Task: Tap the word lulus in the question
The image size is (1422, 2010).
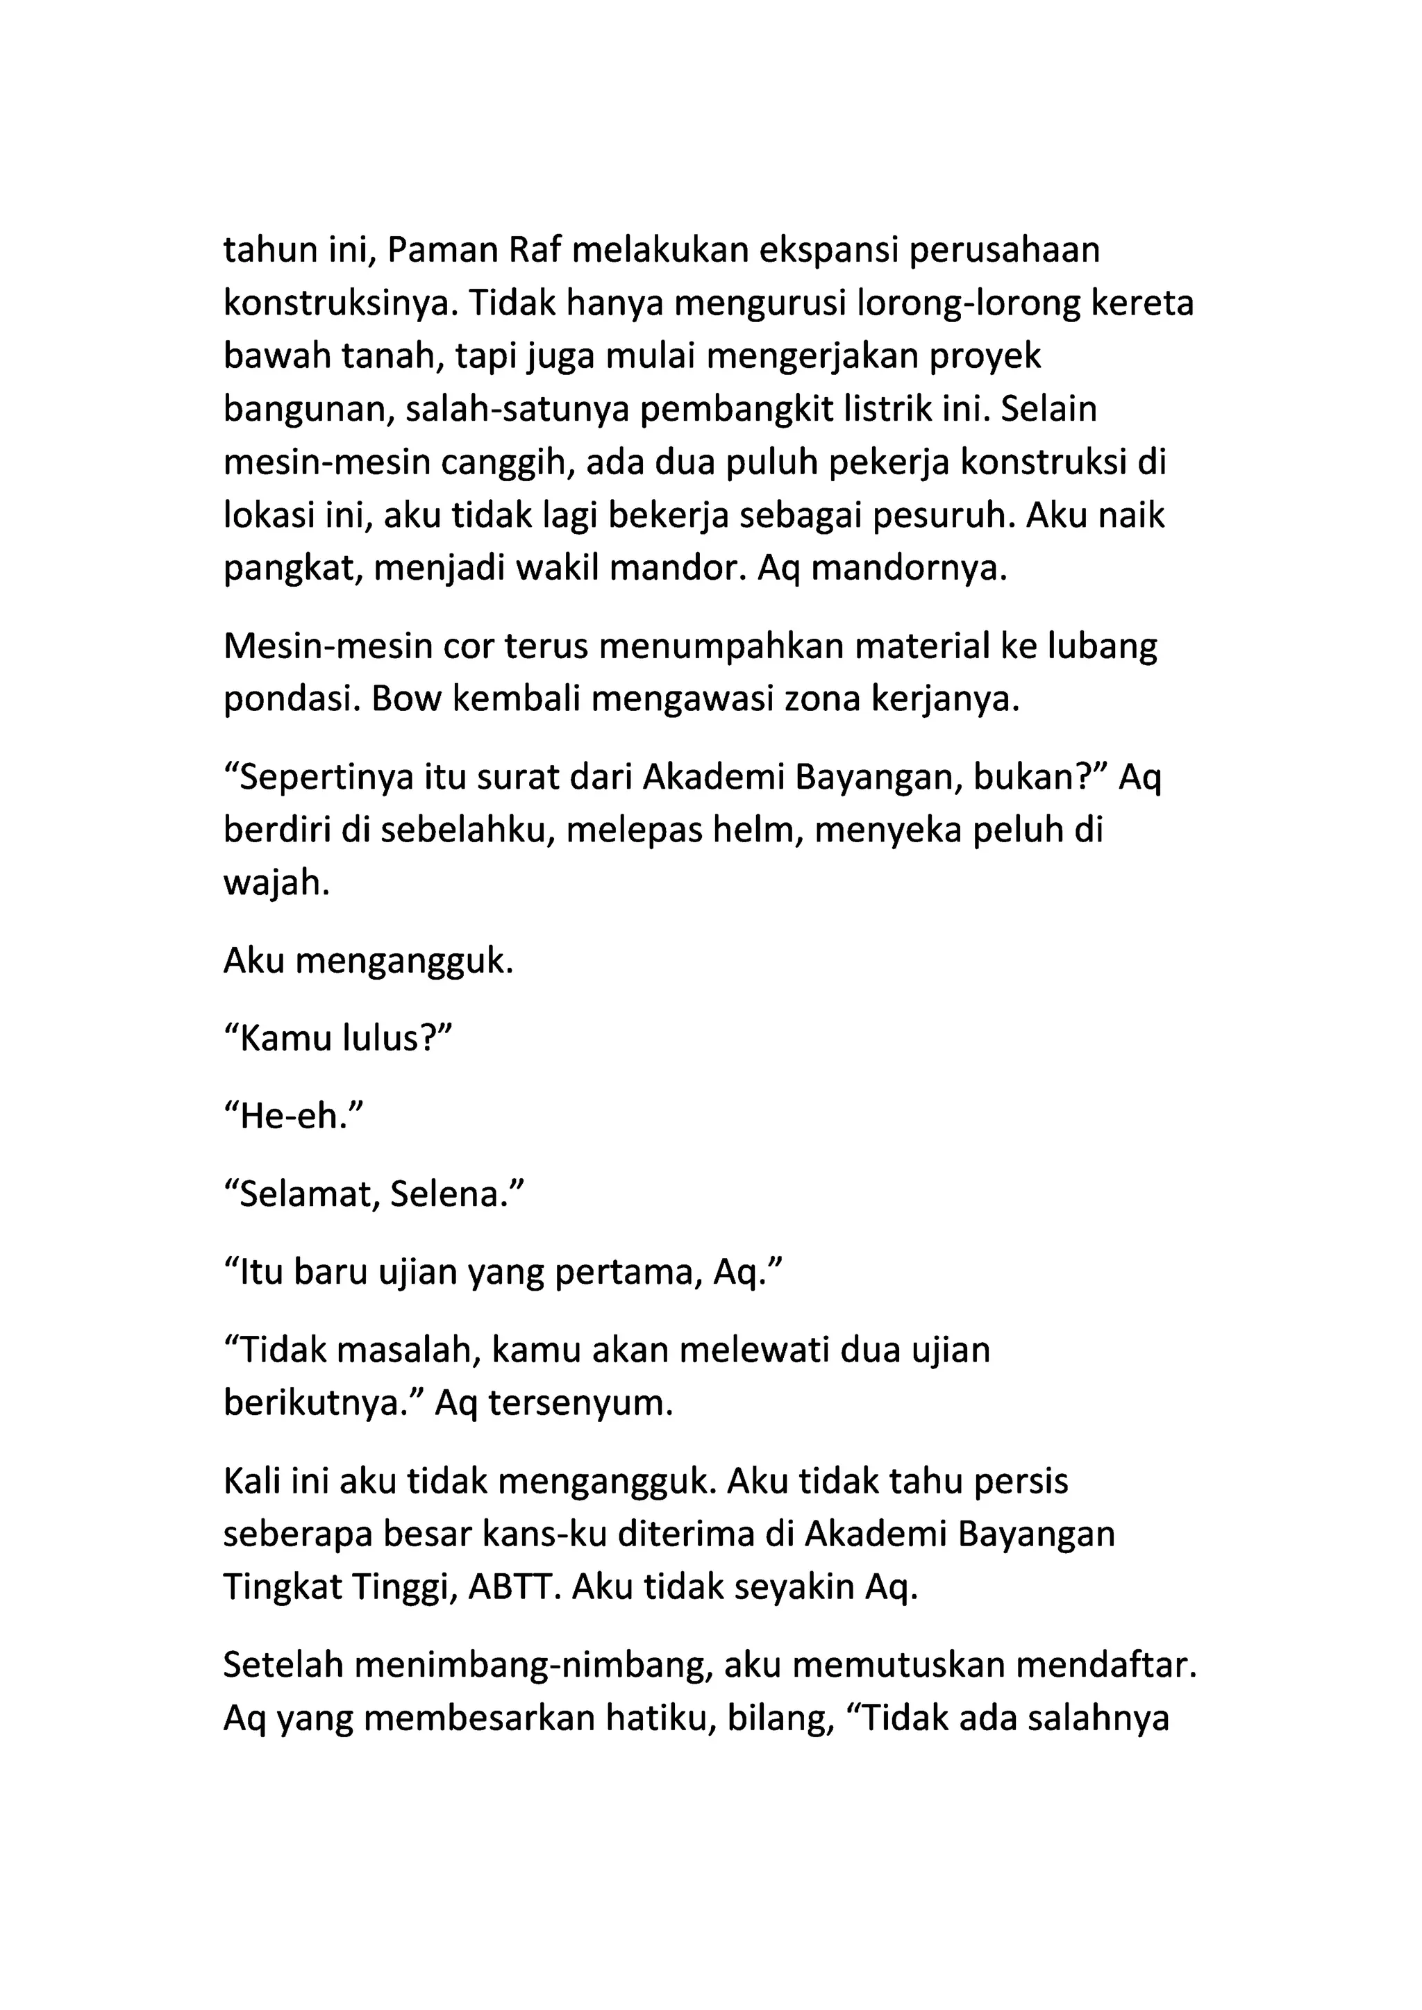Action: (392, 1039)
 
